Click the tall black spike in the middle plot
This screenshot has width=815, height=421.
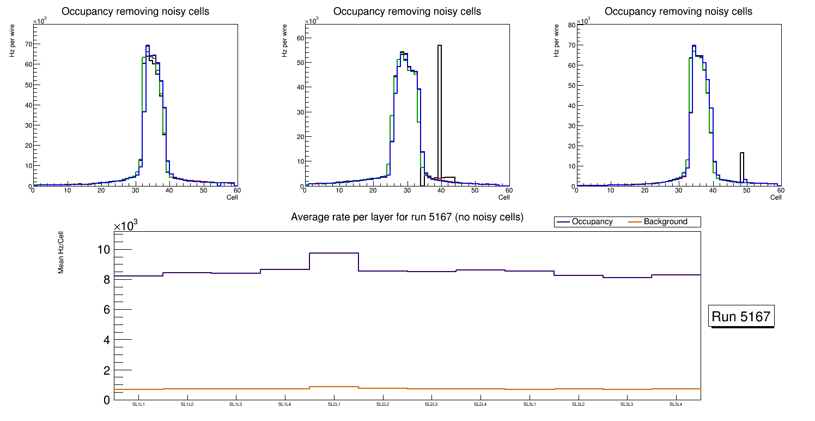coord(439,109)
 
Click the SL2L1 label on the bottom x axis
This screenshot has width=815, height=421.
coord(333,405)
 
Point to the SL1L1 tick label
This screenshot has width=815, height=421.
coord(138,405)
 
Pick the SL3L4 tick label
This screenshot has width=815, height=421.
coord(676,405)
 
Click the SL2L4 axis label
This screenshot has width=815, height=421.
coord(480,405)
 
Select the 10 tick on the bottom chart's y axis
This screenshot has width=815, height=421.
coord(104,250)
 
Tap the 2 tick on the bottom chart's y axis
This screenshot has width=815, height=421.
coord(106,370)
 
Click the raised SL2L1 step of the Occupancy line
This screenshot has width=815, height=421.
coord(333,253)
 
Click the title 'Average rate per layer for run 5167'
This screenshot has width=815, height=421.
coord(407,217)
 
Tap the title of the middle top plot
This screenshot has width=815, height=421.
coord(407,11)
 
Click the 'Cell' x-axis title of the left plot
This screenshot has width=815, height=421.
coord(232,197)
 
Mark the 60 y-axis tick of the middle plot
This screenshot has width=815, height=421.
coord(299,38)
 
